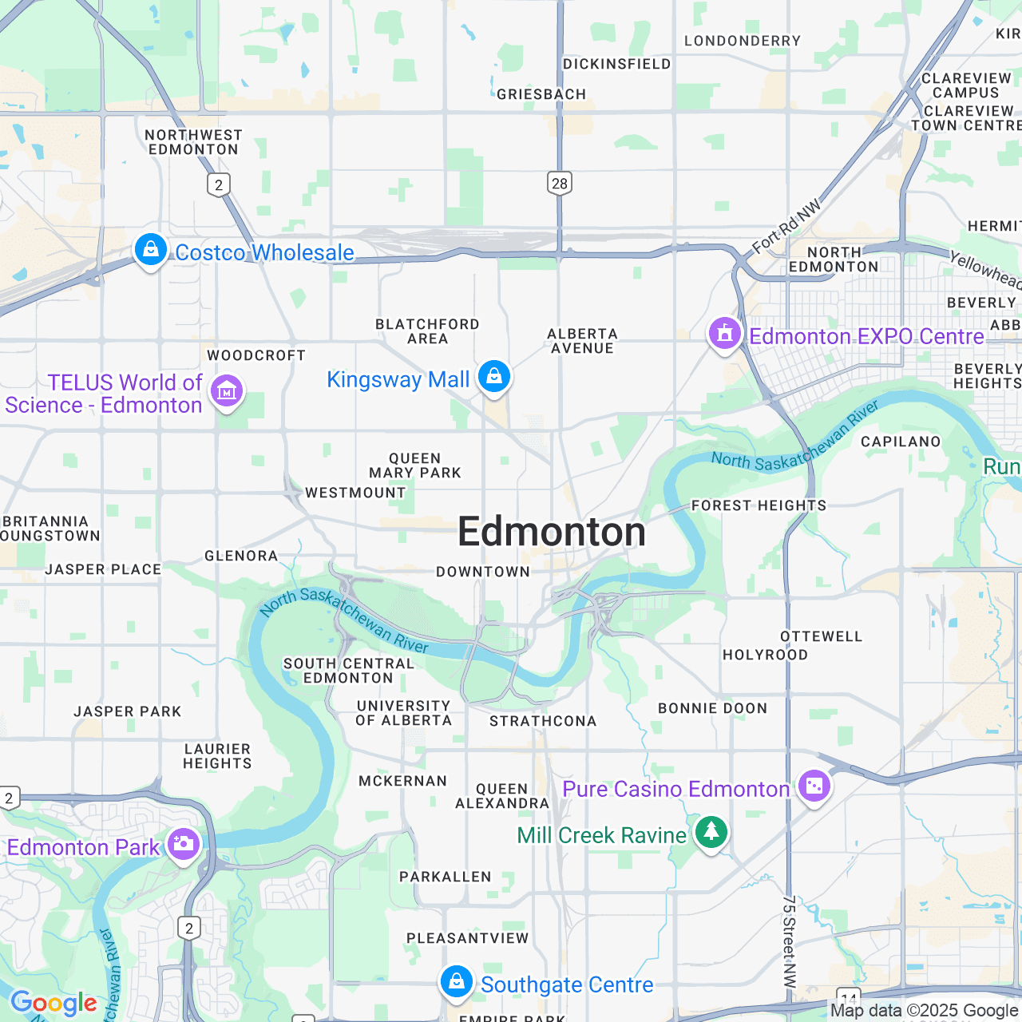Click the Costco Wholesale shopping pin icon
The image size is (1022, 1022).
150,250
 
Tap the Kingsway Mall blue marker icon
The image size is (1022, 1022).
494,376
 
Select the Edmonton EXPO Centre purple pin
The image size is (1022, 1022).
725,333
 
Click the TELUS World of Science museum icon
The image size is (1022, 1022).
227,391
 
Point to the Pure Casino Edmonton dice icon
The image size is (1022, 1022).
814,786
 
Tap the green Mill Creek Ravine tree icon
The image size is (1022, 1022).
711,833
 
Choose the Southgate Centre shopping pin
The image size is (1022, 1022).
457,982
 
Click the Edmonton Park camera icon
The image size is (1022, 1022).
184,844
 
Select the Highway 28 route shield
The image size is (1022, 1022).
560,183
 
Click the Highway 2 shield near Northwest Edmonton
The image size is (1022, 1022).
219,185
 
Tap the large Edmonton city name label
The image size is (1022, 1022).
552,533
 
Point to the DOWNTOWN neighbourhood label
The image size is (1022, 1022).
483,572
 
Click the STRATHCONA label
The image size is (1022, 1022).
543,721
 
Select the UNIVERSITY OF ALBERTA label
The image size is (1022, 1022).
404,713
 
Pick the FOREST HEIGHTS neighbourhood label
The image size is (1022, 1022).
759,505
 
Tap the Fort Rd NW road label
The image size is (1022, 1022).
786,226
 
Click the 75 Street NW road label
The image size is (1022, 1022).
789,942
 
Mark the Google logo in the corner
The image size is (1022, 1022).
53,1003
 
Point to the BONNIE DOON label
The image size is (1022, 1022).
712,708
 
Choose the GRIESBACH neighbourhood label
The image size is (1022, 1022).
541,94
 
